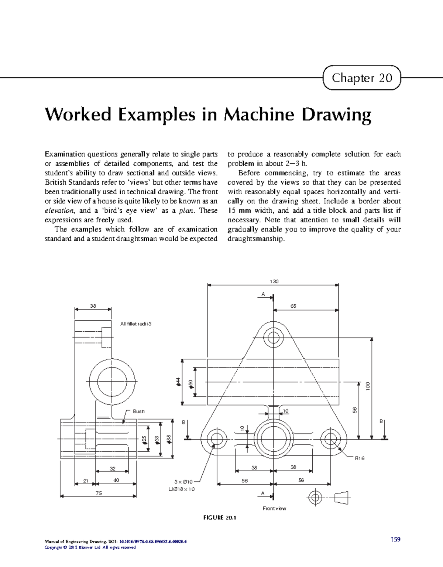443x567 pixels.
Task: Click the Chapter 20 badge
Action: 362,78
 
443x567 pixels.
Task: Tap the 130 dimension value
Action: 274,281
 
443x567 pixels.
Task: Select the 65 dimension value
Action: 293,306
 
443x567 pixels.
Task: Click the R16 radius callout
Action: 360,458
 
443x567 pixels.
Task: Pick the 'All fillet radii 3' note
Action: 136,324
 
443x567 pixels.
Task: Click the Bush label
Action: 139,411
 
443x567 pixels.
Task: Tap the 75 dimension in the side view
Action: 99,493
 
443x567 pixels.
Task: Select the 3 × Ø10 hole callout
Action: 183,482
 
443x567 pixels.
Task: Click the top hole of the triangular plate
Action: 274,337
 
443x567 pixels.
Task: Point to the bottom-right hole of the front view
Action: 330,439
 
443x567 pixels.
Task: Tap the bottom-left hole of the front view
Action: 217,439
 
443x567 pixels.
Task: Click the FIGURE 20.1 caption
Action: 220,518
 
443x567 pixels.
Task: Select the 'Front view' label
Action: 274,509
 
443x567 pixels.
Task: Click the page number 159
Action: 395,539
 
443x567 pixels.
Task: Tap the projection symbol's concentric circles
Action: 315,498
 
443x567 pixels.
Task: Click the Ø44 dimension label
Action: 178,382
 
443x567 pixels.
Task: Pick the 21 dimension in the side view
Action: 86,481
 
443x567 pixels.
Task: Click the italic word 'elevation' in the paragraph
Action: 59,211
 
